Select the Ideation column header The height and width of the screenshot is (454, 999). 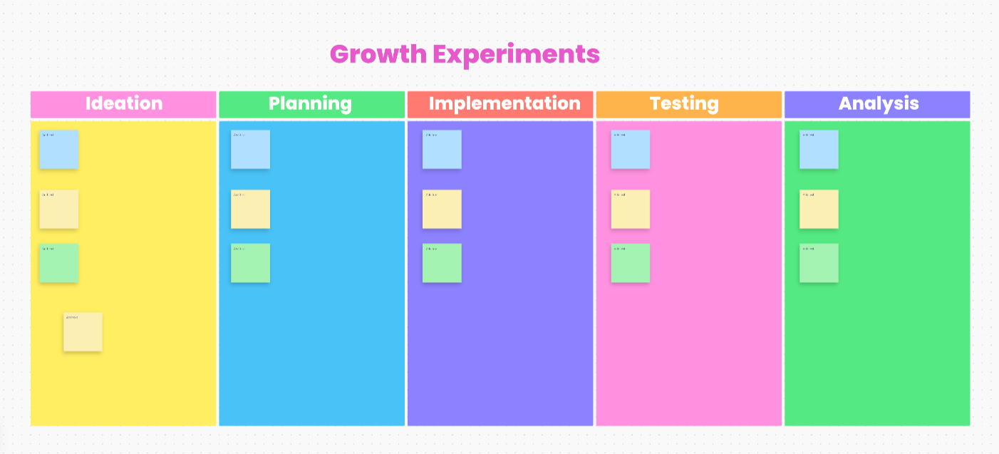point(123,104)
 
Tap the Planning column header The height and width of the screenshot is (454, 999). point(311,104)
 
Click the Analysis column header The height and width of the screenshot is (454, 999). point(877,104)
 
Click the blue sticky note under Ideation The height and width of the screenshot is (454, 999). point(58,150)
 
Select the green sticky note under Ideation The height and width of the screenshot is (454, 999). point(58,263)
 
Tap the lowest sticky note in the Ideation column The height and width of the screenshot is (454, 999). point(83,332)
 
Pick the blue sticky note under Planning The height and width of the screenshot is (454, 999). point(250,150)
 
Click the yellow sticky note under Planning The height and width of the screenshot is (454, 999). point(250,210)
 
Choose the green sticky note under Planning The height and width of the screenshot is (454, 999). point(250,263)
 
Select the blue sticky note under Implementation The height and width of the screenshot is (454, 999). point(442,150)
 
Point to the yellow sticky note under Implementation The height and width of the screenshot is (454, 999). point(442,210)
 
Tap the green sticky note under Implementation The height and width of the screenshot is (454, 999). point(442,263)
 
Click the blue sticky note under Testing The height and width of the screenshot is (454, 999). point(631,150)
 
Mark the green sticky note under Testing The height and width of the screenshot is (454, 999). point(631,263)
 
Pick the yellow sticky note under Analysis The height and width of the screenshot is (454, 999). point(819,210)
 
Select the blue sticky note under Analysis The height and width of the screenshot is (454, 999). point(819,150)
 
